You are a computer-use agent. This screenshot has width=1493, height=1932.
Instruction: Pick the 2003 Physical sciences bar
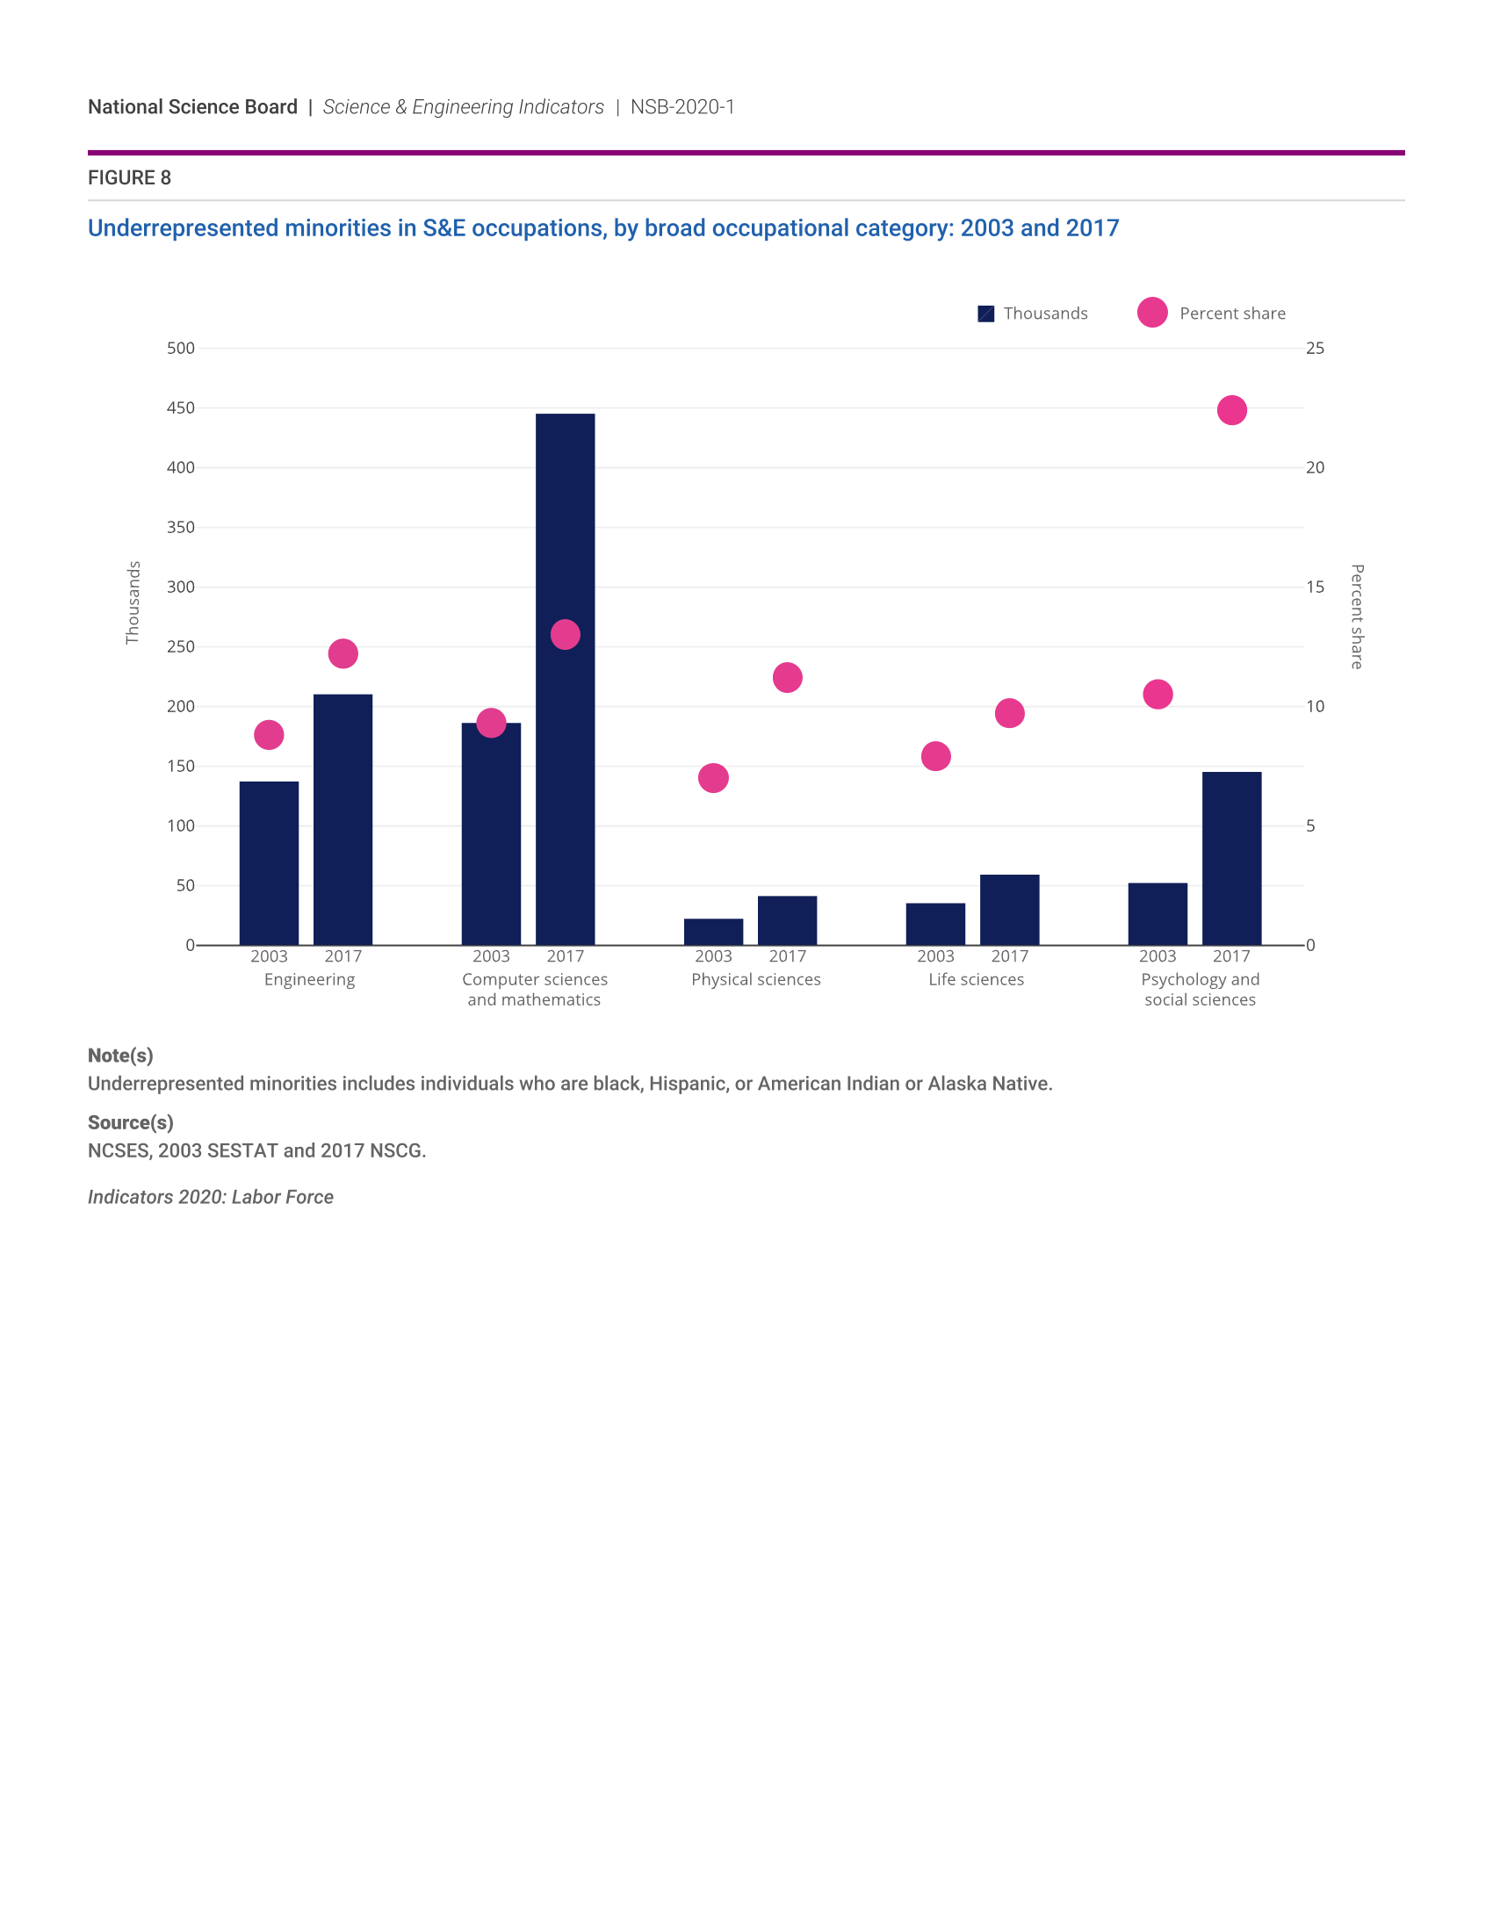[713, 932]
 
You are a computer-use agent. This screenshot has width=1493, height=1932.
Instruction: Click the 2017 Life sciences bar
[1009, 910]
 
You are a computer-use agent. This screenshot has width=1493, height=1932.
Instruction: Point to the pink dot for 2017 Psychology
[1231, 410]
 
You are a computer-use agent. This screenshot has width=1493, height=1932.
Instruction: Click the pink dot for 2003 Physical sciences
[713, 778]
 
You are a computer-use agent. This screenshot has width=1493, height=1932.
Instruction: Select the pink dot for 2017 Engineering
[343, 653]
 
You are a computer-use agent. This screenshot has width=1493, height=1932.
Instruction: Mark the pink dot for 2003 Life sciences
[936, 756]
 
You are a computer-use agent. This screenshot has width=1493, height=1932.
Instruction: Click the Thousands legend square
[985, 314]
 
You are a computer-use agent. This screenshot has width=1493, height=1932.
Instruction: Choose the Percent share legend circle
[1151, 313]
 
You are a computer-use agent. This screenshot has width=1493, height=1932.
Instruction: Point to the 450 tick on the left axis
[180, 408]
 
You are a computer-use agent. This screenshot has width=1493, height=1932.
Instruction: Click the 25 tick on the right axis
[1315, 349]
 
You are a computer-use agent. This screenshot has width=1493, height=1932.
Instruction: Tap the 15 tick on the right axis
[1315, 588]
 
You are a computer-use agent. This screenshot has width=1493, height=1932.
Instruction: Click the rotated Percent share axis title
[1357, 616]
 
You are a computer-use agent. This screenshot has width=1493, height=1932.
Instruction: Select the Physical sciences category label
[755, 979]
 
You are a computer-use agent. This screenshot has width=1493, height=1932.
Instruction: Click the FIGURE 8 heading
[129, 177]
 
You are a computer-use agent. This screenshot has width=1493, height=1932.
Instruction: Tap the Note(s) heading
[120, 1056]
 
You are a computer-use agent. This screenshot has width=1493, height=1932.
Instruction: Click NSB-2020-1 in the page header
[682, 107]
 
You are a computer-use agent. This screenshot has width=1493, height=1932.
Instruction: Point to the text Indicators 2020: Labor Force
[211, 1197]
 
